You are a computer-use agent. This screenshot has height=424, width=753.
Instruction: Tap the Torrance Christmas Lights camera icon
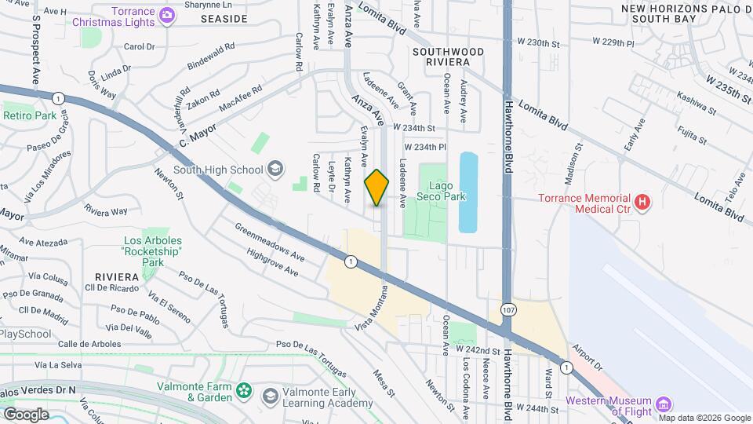click(x=167, y=15)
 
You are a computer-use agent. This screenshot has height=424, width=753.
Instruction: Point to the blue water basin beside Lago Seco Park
click(x=467, y=192)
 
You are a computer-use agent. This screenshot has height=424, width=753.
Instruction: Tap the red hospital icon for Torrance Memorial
click(x=643, y=203)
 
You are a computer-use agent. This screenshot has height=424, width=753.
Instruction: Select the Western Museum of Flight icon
click(x=664, y=404)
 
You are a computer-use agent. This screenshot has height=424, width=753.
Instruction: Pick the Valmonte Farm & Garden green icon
click(x=246, y=391)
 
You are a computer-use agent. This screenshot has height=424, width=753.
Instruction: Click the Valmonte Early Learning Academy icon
click(x=271, y=394)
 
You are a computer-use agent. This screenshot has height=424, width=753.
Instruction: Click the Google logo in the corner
click(x=26, y=414)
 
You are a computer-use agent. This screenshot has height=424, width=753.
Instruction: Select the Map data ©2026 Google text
click(x=704, y=418)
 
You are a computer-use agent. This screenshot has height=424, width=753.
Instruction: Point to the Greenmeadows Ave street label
click(x=270, y=241)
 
